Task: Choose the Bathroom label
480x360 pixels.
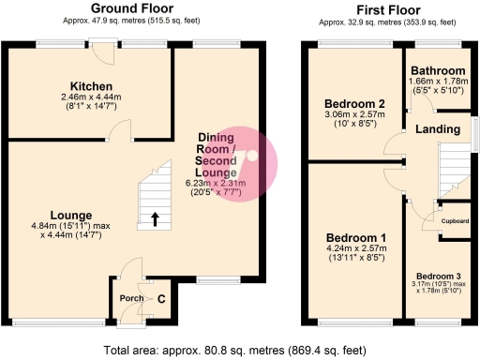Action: [x=437, y=71]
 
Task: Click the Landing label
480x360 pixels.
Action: [x=431, y=128]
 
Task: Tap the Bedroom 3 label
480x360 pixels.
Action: [x=439, y=275]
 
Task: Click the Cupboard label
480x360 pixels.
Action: [x=455, y=221]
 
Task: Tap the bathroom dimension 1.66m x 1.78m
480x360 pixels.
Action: [x=437, y=82]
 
